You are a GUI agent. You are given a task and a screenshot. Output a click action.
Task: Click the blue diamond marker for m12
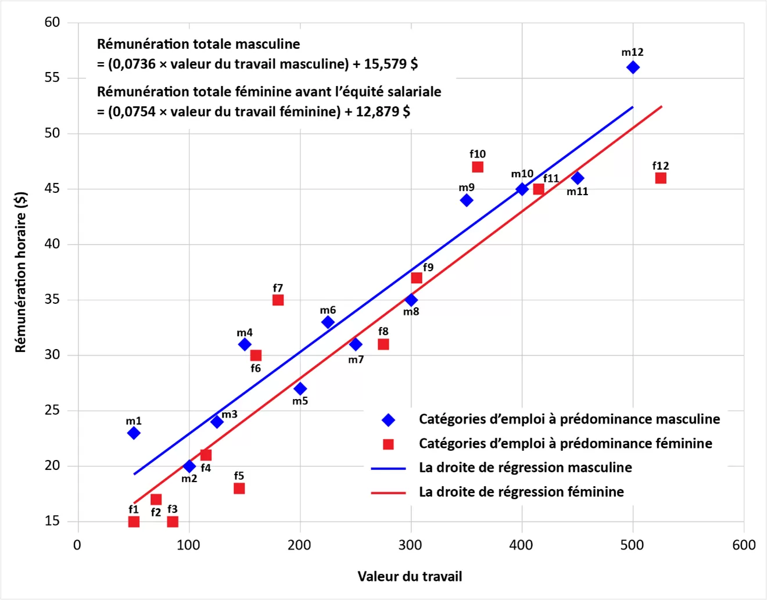633,67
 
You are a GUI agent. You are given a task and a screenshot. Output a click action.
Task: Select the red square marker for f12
661,178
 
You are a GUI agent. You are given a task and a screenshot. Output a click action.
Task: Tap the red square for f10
478,167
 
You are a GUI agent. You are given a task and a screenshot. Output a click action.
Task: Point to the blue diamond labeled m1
134,433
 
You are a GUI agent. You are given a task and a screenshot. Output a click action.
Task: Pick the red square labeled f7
278,300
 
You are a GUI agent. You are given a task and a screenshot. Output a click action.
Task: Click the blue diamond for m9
466,200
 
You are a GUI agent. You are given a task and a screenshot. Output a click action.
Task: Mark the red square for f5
239,488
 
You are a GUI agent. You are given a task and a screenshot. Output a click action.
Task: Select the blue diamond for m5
300,389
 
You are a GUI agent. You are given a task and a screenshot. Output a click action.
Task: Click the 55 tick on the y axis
52,78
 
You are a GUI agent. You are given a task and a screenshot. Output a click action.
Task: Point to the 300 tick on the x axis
410,545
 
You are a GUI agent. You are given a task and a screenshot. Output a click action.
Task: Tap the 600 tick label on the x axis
744,545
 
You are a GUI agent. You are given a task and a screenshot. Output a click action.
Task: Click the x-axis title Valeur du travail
410,576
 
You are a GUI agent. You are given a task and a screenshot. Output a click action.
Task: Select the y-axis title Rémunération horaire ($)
21,272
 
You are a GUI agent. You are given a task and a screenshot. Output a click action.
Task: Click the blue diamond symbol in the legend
388,419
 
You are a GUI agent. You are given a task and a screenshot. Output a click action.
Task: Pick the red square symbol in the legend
388,444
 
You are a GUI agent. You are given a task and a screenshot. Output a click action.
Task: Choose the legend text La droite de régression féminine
521,492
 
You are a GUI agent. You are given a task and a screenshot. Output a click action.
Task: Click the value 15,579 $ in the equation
390,64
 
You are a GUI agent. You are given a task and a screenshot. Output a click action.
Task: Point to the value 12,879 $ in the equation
383,112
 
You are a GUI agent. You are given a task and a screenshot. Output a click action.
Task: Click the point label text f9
428,267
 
